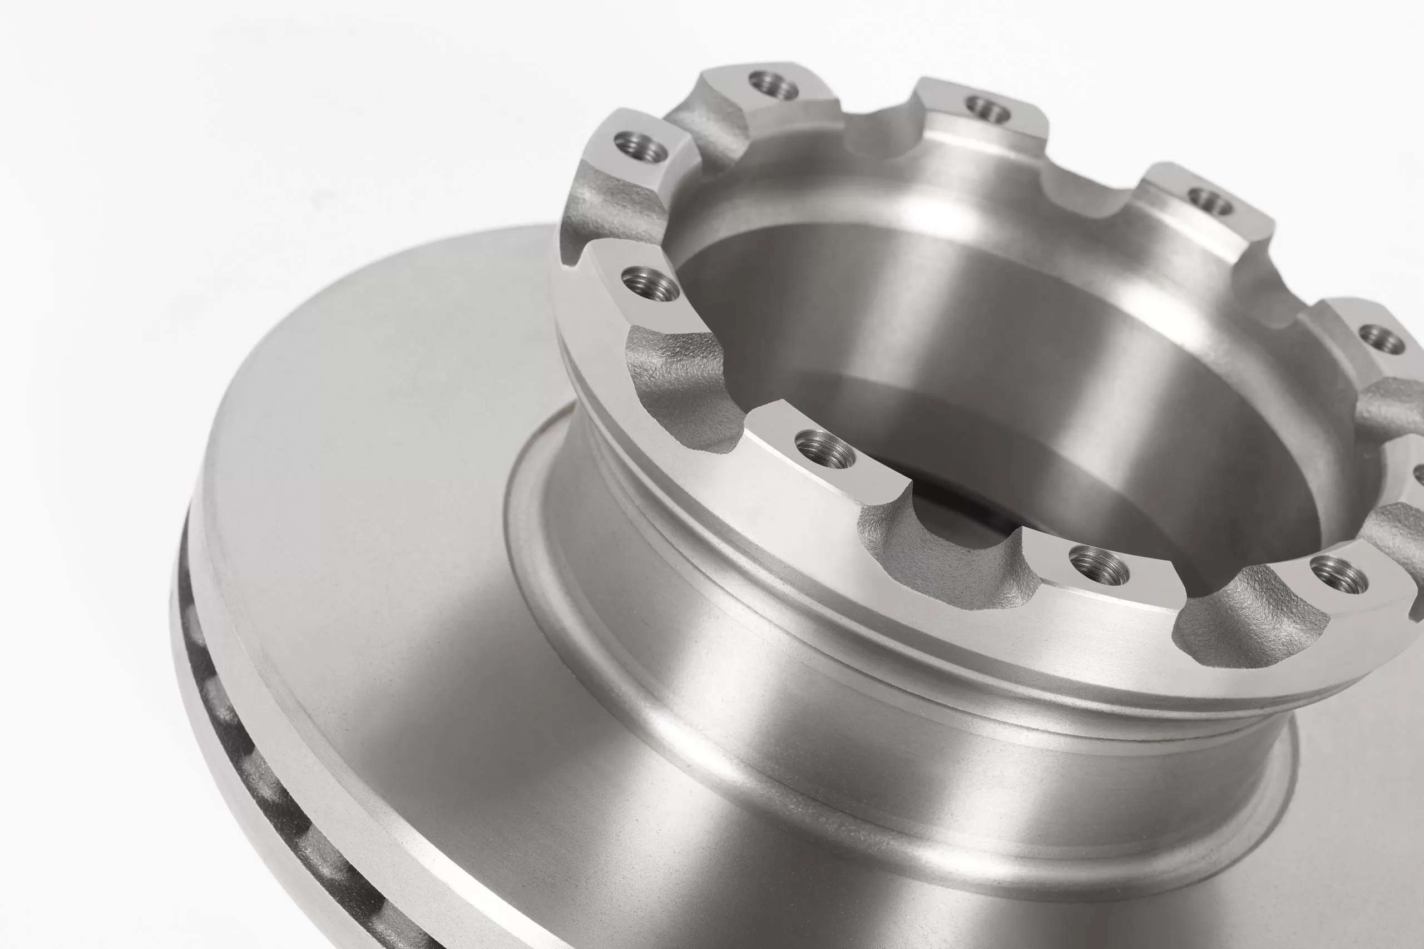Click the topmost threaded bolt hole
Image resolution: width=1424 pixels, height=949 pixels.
coord(773,85)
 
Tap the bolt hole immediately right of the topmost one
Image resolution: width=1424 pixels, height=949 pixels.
coord(988,108)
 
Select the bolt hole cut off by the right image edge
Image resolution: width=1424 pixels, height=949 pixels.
coord(1418,474)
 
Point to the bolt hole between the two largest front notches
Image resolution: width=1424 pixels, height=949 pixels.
coord(824,449)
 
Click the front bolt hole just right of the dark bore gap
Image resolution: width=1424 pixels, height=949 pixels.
coord(1099,565)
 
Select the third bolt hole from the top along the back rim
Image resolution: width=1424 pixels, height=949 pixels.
coord(1210,201)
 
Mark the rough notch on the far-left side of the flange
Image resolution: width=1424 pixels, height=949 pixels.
coord(608,209)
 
